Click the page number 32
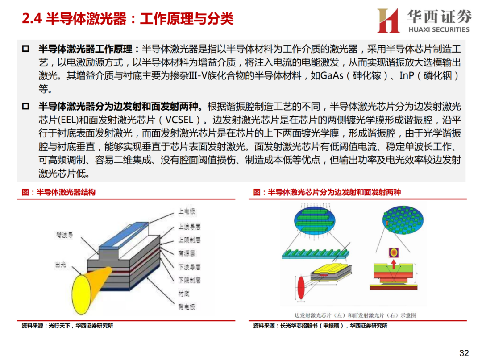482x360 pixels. (464, 353)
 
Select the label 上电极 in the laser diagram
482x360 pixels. (187, 211)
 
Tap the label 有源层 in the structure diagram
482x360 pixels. (187, 253)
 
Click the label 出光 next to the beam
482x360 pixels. (60, 265)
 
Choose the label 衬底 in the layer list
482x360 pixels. (184, 294)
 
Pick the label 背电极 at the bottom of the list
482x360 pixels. (187, 307)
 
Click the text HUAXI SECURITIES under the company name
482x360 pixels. (439, 29)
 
